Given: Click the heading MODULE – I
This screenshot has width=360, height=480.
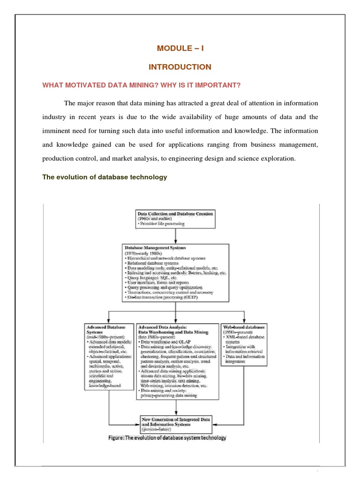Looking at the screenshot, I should [x=180, y=48].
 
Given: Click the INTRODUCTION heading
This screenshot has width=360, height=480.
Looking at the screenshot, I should [x=180, y=67].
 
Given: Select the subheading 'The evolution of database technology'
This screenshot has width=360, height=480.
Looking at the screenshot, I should [x=105, y=177].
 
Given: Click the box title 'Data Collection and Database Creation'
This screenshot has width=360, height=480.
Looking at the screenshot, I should [x=175, y=213].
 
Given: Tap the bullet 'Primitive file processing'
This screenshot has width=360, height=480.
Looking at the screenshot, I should [x=162, y=224].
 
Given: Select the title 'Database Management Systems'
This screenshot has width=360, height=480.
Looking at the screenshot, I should [x=155, y=247].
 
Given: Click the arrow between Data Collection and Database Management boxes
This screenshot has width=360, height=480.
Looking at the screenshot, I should [x=176, y=236].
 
